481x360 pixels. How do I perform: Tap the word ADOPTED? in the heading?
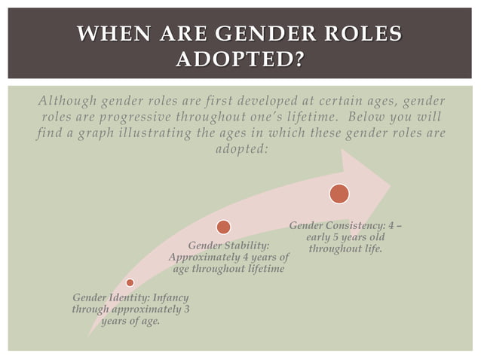[x=239, y=59]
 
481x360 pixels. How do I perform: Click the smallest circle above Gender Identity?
[x=130, y=282]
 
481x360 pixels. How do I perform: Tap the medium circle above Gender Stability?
[x=223, y=227]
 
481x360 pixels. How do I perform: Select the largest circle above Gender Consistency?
[x=339, y=193]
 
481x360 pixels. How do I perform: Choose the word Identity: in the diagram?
[x=127, y=297]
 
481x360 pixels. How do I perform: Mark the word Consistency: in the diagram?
[x=357, y=225]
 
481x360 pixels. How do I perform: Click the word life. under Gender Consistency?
[x=369, y=249]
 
